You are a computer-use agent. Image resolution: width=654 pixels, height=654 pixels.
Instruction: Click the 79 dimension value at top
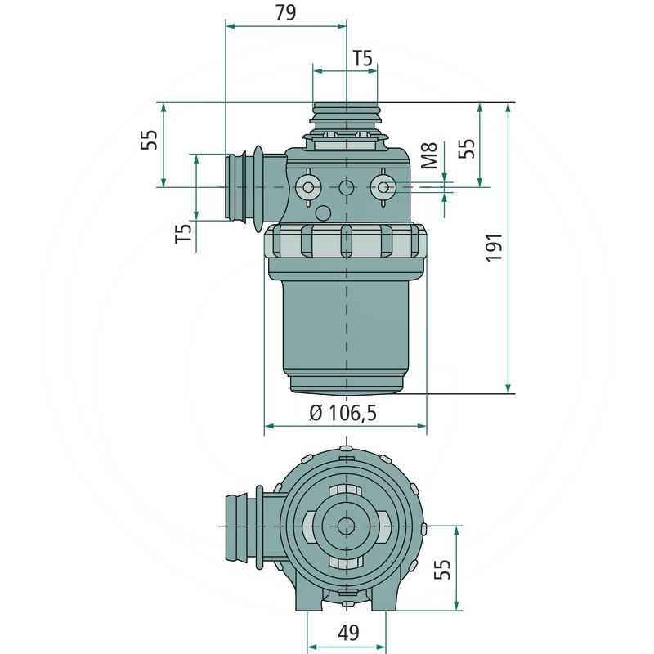(285, 12)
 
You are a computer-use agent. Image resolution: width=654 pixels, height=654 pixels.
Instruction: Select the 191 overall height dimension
(495, 248)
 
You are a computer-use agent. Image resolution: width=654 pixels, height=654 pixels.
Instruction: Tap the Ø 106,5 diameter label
(343, 414)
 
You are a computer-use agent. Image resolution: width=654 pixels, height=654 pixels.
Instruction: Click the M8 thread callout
(430, 155)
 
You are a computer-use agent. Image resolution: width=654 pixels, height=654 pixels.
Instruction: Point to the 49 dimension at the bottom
(349, 633)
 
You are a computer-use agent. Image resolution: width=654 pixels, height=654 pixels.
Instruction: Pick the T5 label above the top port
(363, 58)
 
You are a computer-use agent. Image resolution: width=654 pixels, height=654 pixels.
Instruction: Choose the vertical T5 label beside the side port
(183, 233)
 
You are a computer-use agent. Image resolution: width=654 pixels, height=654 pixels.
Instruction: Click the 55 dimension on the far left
(149, 140)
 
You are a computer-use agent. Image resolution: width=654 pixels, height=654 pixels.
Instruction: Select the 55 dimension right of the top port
(467, 148)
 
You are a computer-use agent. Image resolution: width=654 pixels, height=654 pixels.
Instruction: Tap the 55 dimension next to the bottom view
(442, 569)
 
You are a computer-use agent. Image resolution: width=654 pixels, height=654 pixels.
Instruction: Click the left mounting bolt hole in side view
(308, 187)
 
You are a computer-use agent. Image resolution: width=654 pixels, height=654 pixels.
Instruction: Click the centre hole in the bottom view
(345, 526)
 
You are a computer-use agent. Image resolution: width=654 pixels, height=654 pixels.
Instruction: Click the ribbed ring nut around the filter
(345, 241)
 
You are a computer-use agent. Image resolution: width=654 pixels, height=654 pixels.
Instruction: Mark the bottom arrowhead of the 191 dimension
(508, 388)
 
